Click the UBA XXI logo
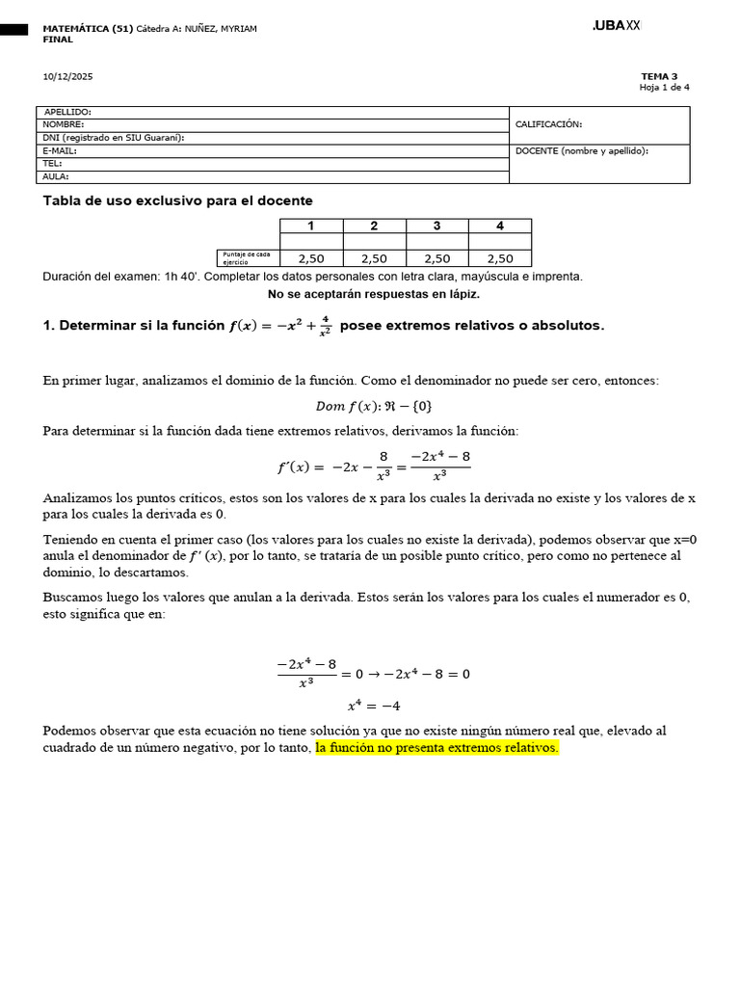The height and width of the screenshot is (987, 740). (616, 26)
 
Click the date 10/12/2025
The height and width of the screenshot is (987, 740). (67, 76)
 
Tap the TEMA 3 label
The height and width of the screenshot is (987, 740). (659, 76)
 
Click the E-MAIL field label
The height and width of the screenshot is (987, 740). (60, 150)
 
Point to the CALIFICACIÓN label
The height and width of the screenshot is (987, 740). (548, 124)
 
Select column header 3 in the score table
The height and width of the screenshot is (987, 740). (436, 226)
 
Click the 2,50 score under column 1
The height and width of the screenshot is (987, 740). (311, 258)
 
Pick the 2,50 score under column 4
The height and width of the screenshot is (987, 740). (499, 258)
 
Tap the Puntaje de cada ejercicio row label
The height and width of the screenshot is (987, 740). (247, 257)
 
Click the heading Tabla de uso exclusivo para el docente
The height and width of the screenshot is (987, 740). (177, 200)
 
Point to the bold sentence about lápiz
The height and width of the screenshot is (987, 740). (373, 294)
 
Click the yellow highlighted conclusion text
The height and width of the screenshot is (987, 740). (436, 747)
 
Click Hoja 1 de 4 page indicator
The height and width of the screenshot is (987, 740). (664, 88)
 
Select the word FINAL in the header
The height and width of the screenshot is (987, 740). (58, 40)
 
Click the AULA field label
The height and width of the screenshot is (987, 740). (56, 176)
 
